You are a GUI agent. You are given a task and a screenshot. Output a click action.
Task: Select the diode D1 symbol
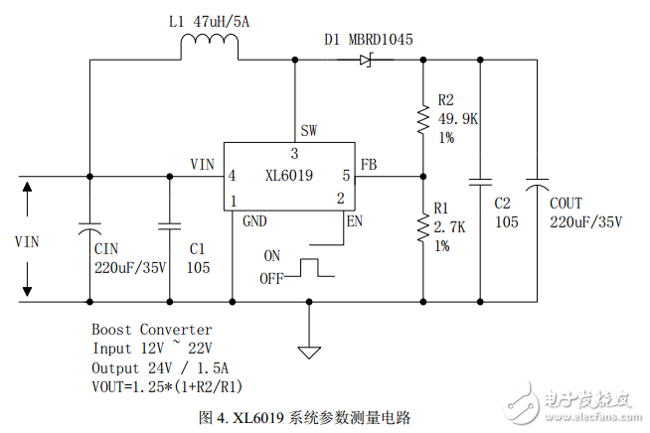(x=365, y=60)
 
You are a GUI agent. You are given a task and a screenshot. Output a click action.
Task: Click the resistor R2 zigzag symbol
(x=423, y=119)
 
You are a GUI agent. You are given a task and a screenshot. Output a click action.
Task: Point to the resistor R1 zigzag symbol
(x=423, y=228)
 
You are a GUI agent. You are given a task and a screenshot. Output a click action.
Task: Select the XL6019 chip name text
(x=289, y=177)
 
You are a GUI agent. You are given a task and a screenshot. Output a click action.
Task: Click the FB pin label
(x=368, y=164)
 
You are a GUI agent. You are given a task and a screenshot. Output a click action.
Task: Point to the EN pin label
(x=353, y=220)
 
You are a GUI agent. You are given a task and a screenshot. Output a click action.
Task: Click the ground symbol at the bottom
(x=309, y=351)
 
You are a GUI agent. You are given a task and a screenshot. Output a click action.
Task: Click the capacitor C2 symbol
(x=481, y=183)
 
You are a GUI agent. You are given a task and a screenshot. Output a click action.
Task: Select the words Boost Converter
(x=151, y=329)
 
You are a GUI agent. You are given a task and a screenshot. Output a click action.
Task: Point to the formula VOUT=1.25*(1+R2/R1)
(x=168, y=385)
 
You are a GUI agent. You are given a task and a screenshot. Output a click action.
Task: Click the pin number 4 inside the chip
(x=232, y=176)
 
